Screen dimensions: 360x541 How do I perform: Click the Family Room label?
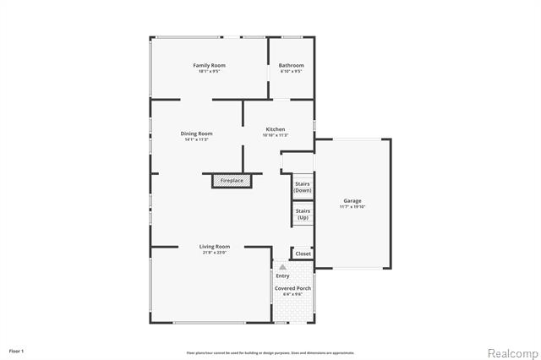pos(209,65)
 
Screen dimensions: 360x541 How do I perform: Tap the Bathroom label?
pos(292,65)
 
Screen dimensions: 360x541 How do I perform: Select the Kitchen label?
pos(276,129)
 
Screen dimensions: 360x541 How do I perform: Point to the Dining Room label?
pos(196,134)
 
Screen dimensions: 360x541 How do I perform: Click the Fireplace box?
pos(232,181)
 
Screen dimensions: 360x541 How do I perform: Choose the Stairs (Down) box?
pos(303,188)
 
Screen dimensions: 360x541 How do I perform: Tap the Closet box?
pos(303,254)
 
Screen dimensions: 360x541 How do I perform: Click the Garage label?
pos(352,201)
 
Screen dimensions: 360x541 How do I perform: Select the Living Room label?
pos(216,247)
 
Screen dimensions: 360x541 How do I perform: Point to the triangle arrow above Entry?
pos(282,267)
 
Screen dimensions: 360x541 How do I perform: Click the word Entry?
pos(282,275)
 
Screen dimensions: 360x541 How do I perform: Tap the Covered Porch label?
pos(292,289)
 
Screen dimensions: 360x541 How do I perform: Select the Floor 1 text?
pos(17,350)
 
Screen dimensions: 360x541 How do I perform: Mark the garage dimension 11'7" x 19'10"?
pos(352,207)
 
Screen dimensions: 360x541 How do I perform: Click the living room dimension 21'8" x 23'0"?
pos(216,253)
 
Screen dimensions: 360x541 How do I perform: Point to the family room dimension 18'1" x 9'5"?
pos(209,71)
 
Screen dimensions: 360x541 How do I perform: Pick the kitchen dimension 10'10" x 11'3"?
pos(276,135)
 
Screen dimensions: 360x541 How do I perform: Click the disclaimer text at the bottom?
pos(270,352)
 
